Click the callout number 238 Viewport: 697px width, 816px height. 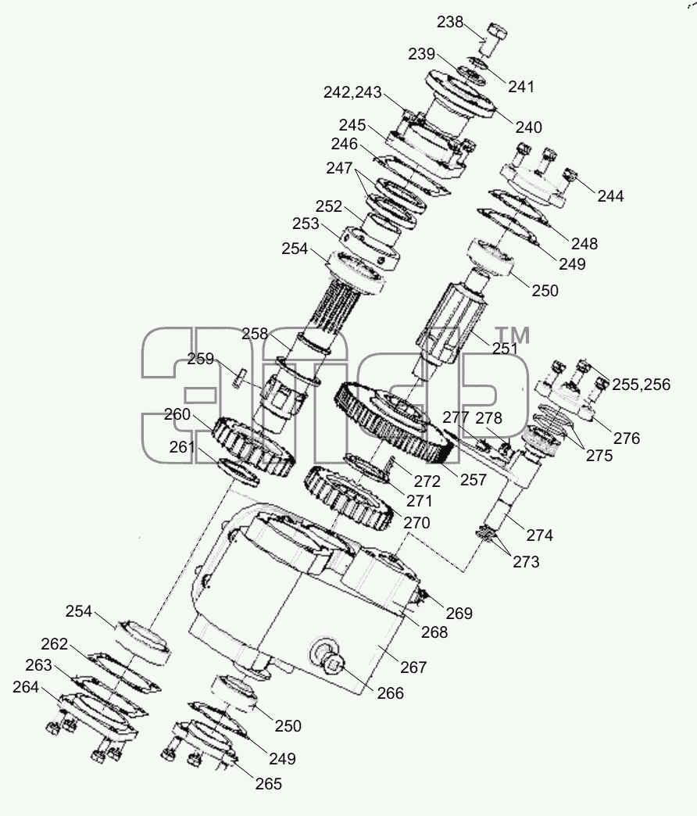[450, 22]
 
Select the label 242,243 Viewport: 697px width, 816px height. [352, 92]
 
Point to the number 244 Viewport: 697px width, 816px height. [610, 195]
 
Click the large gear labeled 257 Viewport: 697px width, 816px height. [394, 421]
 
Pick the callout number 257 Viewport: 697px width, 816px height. [473, 479]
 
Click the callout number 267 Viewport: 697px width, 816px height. [413, 667]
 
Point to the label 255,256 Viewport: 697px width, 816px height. [641, 384]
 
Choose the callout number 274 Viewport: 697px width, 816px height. [539, 535]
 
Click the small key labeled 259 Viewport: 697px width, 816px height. [239, 378]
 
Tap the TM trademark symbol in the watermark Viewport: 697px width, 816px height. [512, 335]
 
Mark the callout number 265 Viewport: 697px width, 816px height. [268, 783]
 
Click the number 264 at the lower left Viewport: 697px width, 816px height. [26, 687]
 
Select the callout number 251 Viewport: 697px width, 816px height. [504, 348]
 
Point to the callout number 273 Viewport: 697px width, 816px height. [526, 561]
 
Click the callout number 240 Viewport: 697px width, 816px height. [528, 127]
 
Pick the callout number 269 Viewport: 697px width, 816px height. [459, 613]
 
